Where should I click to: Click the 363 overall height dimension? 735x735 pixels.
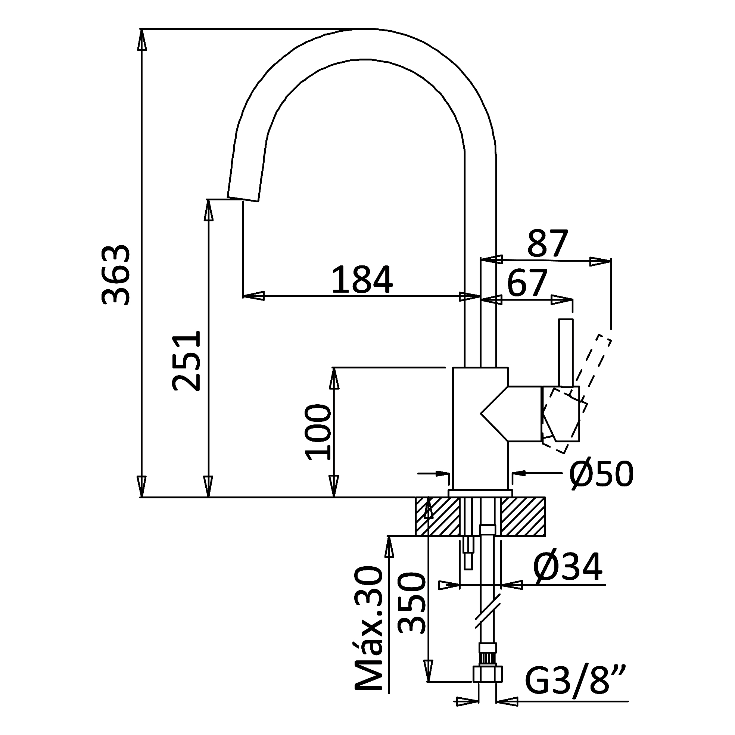pos(116,275)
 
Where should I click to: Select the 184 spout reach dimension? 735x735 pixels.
pos(362,280)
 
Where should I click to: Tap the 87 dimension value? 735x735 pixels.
pos(548,243)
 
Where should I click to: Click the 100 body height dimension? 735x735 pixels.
pos(318,432)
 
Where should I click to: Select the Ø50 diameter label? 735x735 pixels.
pos(601,474)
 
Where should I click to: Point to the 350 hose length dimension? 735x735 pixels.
pos(411,602)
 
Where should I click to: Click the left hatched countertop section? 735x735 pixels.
pos(437,516)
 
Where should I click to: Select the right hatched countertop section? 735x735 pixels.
pos(523,516)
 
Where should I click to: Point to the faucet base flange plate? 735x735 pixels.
pos(480,493)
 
